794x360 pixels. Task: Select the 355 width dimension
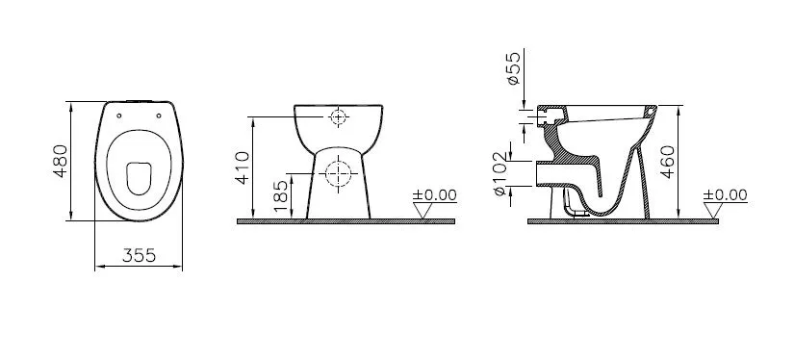tap(139, 255)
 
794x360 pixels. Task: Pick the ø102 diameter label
tap(500, 174)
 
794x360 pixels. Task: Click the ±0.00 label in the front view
tap(434, 194)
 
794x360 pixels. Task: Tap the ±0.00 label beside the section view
tap(726, 194)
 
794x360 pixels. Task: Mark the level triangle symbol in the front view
tap(423, 211)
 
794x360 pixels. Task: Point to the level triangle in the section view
tap(713, 211)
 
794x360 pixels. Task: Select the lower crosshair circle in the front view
tap(338, 174)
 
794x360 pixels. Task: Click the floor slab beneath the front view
tap(346, 222)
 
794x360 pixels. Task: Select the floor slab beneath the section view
tap(625, 222)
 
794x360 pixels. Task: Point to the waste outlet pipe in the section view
tap(552, 174)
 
